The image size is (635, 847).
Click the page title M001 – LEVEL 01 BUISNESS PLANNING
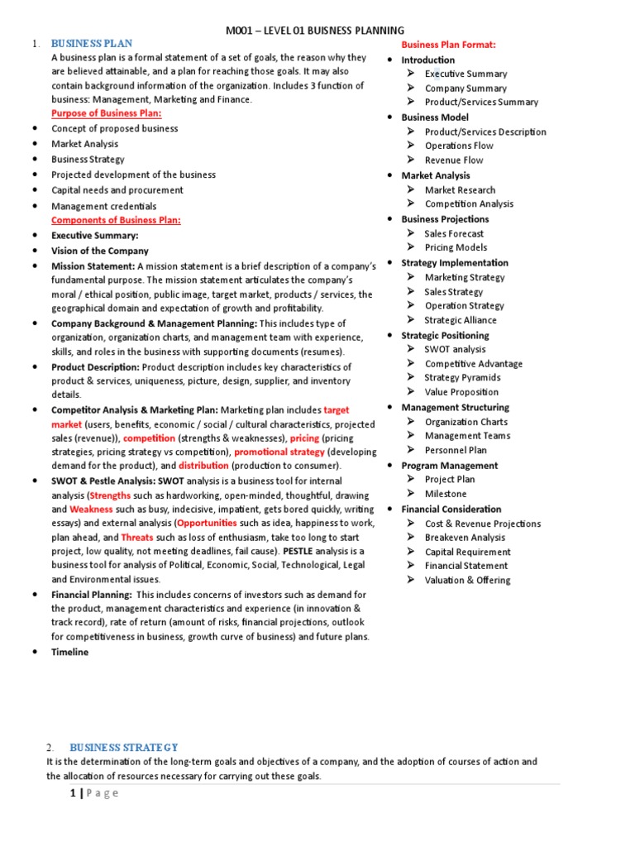click(316, 31)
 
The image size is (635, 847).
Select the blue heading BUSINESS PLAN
click(92, 43)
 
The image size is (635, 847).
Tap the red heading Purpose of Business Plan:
click(107, 113)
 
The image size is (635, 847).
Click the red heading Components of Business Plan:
click(116, 220)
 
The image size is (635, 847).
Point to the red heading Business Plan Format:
click(449, 44)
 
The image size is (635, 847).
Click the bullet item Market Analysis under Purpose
click(84, 144)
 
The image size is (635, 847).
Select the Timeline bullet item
click(69, 652)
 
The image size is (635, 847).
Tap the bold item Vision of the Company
click(100, 251)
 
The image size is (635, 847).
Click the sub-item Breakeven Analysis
click(465, 538)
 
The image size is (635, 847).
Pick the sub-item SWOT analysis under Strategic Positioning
click(455, 349)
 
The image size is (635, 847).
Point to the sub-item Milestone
click(446, 494)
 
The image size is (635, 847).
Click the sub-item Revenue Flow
click(454, 160)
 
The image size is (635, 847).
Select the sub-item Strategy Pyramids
click(462, 378)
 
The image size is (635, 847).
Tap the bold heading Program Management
click(449, 466)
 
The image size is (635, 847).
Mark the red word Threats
click(137, 538)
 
